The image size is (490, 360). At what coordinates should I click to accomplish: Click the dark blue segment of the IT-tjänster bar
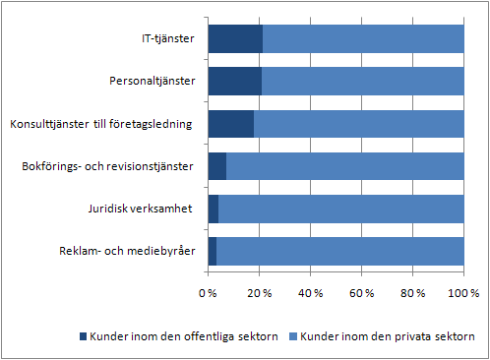tap(235, 39)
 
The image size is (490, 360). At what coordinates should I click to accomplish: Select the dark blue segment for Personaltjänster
tap(234, 82)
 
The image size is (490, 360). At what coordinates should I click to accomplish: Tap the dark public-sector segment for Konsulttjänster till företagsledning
tap(231, 124)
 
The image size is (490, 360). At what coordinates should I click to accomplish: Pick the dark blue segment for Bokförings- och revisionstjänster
tap(217, 167)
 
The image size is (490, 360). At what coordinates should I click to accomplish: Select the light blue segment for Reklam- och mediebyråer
tap(339, 252)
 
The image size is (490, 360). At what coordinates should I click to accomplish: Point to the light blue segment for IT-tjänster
tap(363, 39)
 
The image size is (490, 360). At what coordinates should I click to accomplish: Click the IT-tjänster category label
tap(166, 39)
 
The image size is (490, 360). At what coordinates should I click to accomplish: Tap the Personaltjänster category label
tap(152, 82)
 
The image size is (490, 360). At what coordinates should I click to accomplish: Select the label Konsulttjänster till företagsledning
tap(102, 124)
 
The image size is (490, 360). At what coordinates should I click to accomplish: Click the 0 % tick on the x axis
tap(208, 293)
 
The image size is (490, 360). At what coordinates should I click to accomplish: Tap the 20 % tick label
tap(259, 293)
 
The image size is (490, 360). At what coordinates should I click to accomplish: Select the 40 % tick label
tap(310, 293)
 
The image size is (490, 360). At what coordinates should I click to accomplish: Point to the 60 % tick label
tap(361, 293)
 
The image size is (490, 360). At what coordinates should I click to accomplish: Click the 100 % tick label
tap(462, 293)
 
